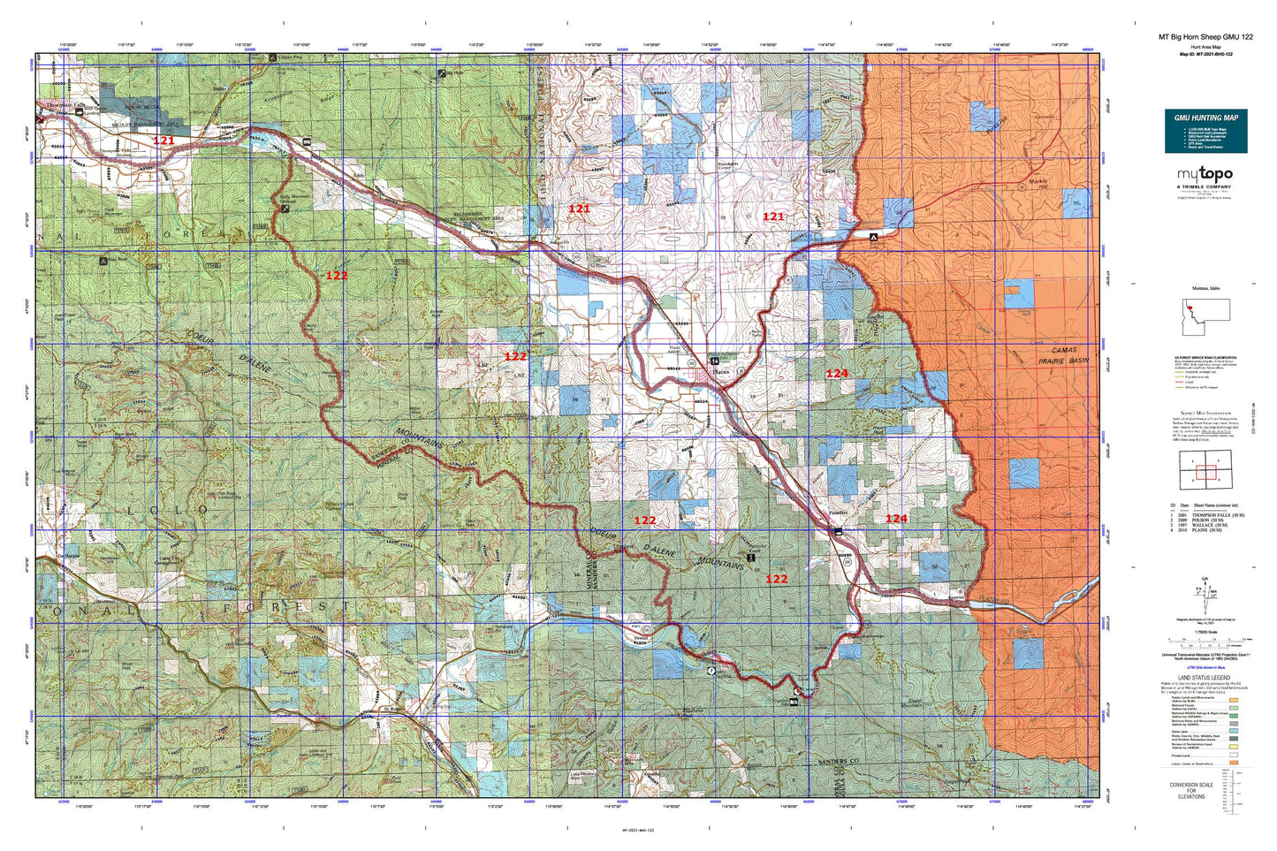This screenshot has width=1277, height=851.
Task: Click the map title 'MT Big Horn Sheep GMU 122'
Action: click(x=1205, y=37)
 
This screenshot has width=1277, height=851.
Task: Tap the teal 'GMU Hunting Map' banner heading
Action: click(x=1205, y=118)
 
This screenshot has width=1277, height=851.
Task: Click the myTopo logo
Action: click(x=1205, y=175)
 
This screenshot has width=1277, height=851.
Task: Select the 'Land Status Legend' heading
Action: click(x=1205, y=678)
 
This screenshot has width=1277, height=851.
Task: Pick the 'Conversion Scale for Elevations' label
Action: click(x=1190, y=790)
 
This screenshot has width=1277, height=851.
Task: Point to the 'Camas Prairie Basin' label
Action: click(x=1057, y=356)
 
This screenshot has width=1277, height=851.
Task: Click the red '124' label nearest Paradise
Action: click(x=896, y=519)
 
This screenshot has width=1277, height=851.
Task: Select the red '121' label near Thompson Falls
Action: click(x=163, y=141)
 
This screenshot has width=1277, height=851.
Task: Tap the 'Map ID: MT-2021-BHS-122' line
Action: click(x=1205, y=54)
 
